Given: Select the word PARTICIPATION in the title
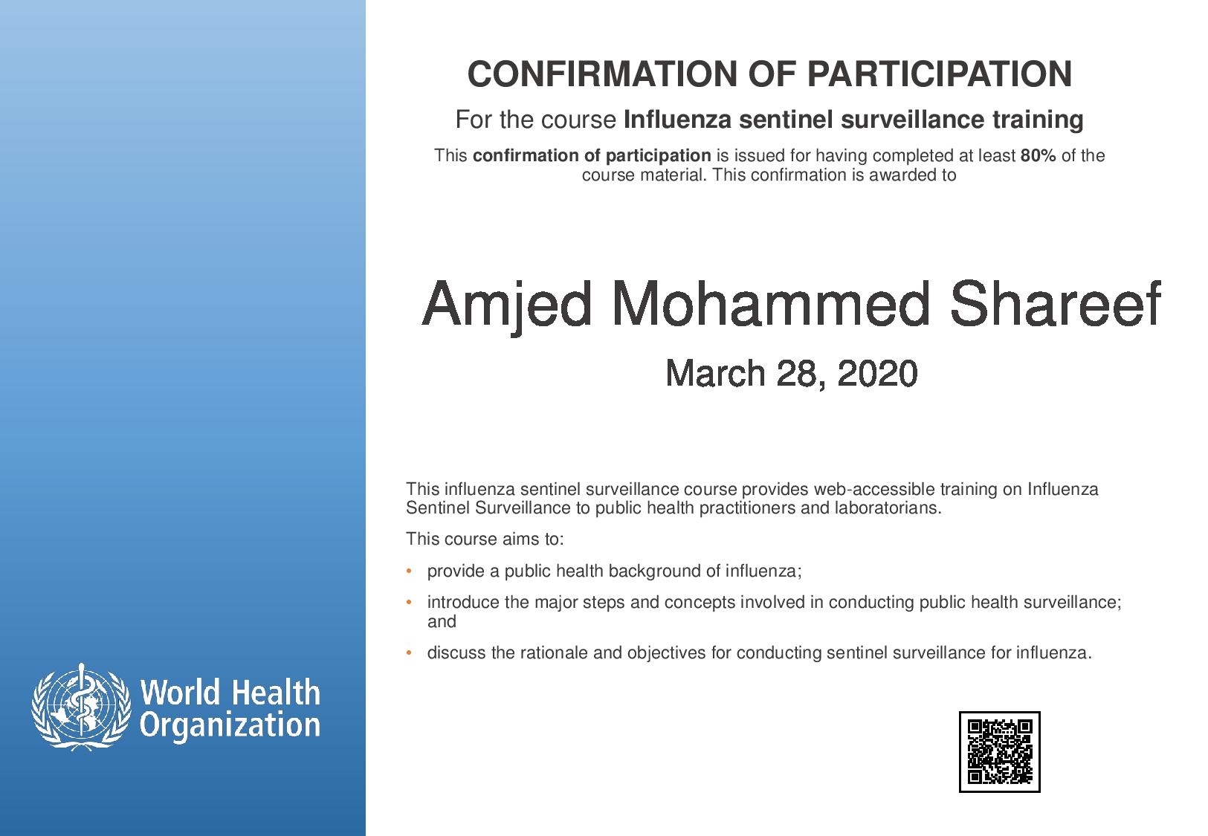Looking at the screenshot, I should (940, 74).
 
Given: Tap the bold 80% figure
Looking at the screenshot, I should (1038, 156).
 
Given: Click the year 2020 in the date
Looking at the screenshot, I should (877, 373).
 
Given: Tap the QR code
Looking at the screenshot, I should (999, 751).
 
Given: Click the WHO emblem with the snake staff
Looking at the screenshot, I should (81, 707).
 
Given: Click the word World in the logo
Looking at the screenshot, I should (181, 692).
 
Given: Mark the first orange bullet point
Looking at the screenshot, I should (409, 571).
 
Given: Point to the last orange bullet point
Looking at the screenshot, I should (409, 652).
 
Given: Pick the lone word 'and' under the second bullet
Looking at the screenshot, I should (442, 622).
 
